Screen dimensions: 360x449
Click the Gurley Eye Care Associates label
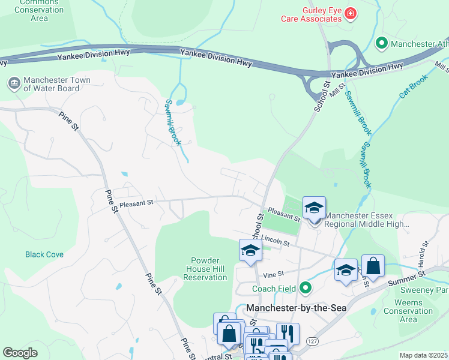311,15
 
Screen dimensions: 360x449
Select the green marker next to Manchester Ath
381,43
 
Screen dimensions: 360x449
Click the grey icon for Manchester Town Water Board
13,82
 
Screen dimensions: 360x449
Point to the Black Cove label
44,254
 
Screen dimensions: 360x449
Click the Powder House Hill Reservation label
209,269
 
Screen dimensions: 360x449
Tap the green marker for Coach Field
306,289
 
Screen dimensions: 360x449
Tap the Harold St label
425,253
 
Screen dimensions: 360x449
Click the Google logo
20,352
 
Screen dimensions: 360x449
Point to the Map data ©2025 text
423,355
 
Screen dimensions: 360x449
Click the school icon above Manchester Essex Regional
314,208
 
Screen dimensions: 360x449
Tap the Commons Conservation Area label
39,10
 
